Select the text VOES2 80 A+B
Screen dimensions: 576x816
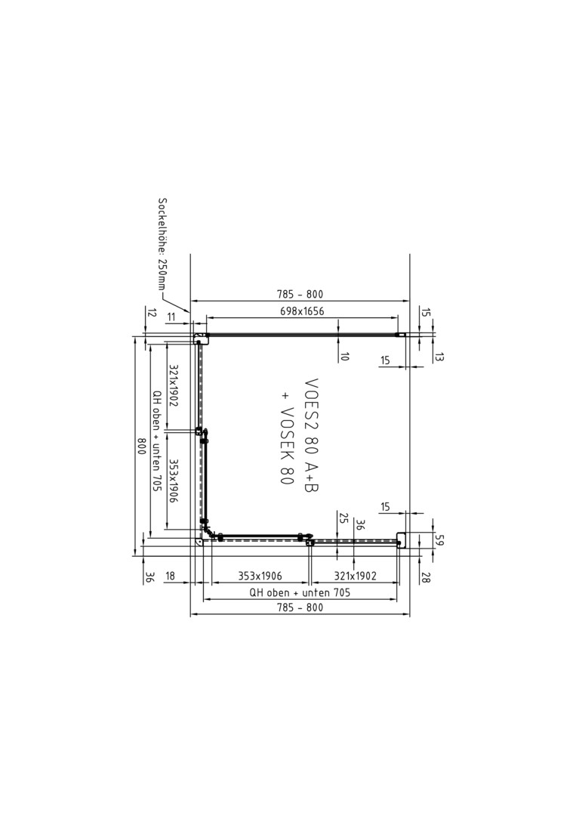[x=311, y=435]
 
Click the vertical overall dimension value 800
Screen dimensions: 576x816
[x=140, y=446]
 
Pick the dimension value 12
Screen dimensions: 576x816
[x=151, y=314]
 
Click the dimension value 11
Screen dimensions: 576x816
[x=171, y=317]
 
